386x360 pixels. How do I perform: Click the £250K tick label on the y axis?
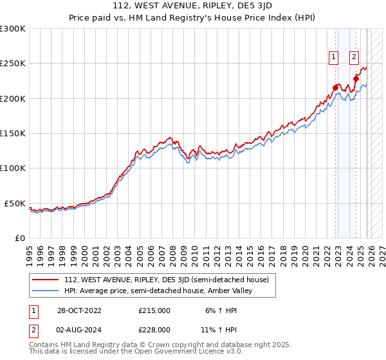(x=13, y=64)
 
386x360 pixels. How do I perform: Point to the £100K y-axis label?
(x=13, y=168)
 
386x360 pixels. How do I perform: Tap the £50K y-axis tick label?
(x=15, y=203)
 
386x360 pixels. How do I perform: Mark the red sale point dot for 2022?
(x=335, y=87)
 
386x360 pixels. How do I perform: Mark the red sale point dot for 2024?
(x=356, y=78)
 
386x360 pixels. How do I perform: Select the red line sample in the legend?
(x=46, y=280)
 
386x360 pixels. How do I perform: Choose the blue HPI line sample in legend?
(x=46, y=291)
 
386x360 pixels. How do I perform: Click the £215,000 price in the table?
(x=154, y=310)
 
